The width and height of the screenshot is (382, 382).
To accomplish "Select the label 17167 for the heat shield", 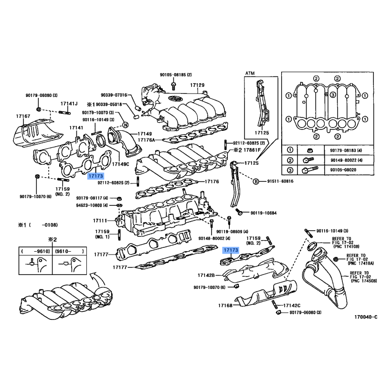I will coord(23,116).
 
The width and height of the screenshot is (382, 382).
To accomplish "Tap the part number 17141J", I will coord(69,104).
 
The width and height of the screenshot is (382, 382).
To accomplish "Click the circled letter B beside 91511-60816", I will coord(255,181).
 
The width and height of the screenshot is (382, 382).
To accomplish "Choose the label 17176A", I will coord(149,140).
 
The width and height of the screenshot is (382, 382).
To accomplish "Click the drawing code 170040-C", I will coord(365,317).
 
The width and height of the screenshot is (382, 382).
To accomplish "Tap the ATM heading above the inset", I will coord(250,74).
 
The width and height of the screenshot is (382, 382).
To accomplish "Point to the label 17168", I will coord(224,305).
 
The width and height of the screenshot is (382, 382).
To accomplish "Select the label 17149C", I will coord(121,164).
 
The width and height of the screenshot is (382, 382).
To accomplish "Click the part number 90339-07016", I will coord(114,95).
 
